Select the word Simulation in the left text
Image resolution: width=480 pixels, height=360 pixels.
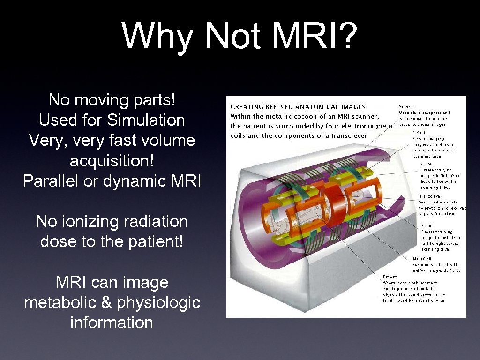tap(146, 120)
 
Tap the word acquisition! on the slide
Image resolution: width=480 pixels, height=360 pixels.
tap(112, 161)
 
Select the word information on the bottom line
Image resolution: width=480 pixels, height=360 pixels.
tap(112, 322)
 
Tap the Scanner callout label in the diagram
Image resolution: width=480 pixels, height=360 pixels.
tap(407, 106)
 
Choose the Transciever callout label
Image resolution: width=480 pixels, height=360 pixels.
tap(430, 196)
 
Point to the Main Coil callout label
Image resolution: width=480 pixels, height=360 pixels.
tap(422, 259)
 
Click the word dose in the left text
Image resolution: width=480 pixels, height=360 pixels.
tap(56, 241)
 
